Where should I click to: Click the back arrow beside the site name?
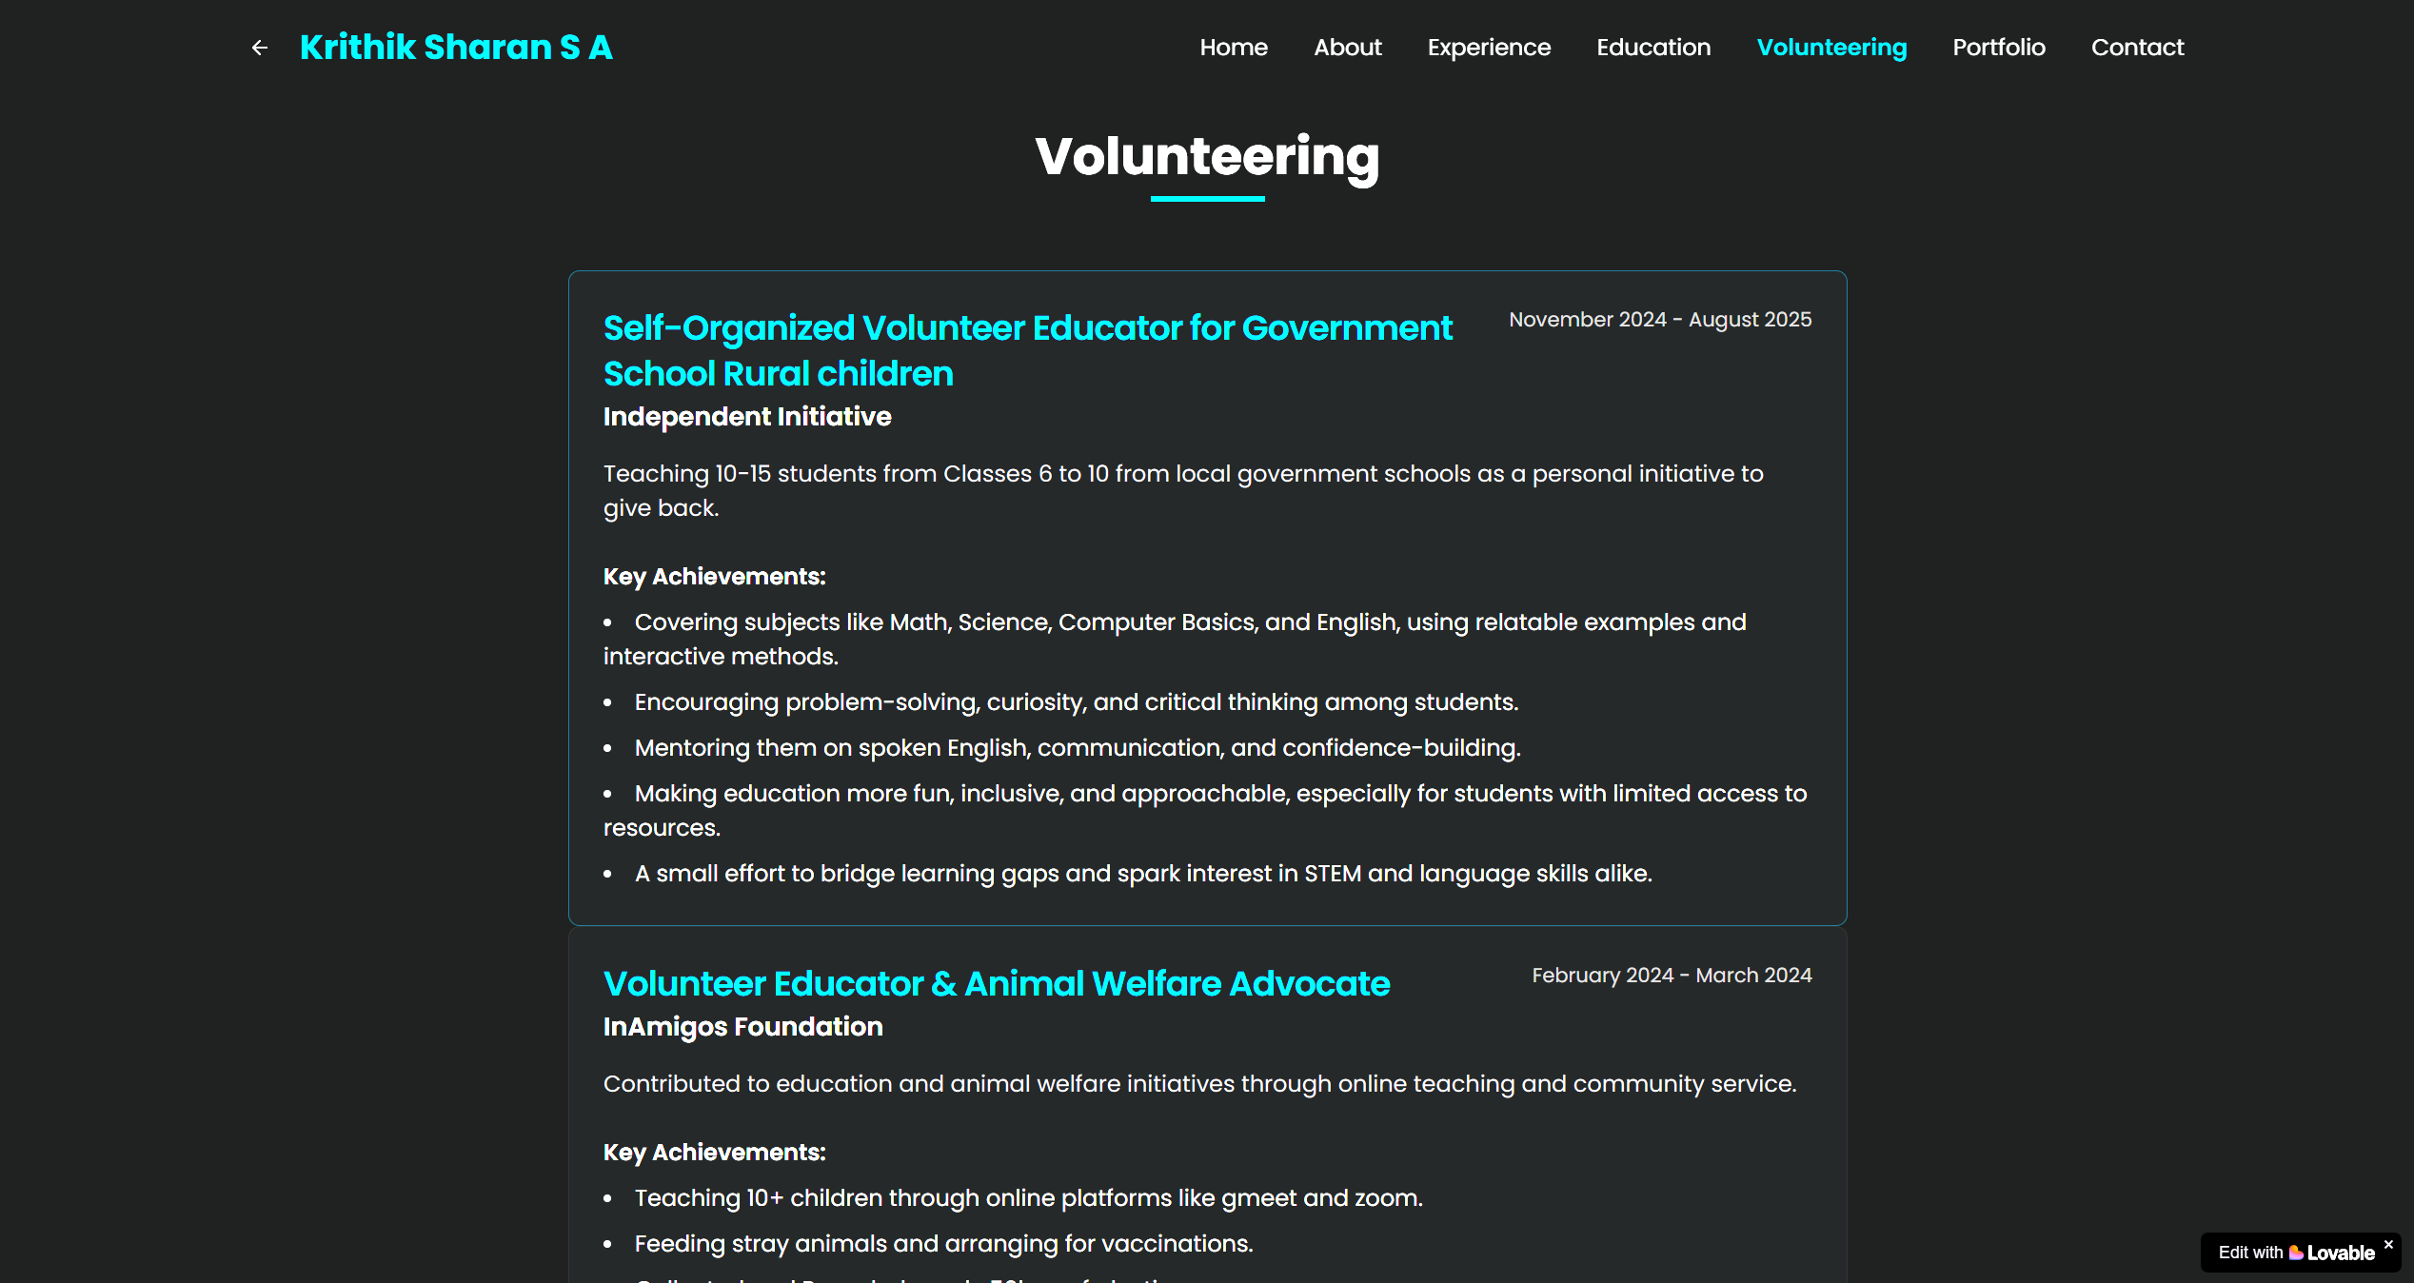coord(259,48)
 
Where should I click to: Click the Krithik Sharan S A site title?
coord(456,48)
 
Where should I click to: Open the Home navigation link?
coord(1233,48)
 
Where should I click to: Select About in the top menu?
coord(1347,48)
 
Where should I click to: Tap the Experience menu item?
coord(1489,48)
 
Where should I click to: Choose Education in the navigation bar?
coord(1653,48)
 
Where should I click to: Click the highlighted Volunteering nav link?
coord(1831,48)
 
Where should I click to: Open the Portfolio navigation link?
coord(1998,48)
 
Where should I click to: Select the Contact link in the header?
coord(2137,48)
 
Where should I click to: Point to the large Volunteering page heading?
coord(1207,157)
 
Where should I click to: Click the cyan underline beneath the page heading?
coord(1207,199)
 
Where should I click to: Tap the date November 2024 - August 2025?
coord(1660,320)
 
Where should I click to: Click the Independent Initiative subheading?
coord(747,417)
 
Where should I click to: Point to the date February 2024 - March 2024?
coord(1672,976)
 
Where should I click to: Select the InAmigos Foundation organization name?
coord(742,1027)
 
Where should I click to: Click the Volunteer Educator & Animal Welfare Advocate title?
coord(997,984)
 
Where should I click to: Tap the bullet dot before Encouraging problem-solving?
coord(608,703)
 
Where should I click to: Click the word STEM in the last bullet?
coord(1332,874)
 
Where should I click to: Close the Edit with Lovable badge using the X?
coord(2388,1245)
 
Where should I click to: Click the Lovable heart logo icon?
coord(2296,1253)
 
